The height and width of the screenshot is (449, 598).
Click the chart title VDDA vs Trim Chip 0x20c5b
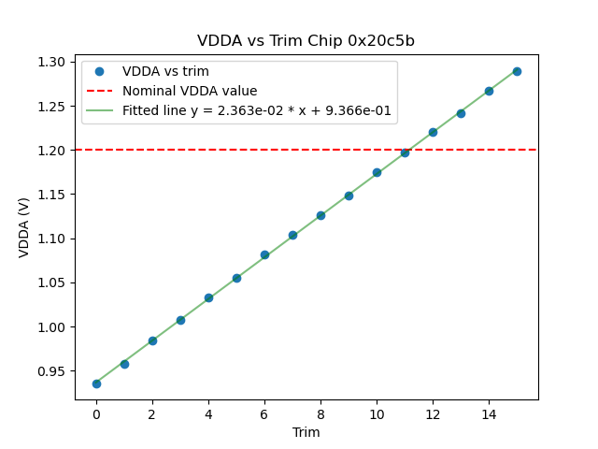(x=306, y=41)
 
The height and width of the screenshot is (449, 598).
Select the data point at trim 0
(x=96, y=384)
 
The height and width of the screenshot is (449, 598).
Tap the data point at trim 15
(x=517, y=71)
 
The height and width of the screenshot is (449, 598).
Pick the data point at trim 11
(x=405, y=152)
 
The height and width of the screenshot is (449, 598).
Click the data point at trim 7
(x=292, y=235)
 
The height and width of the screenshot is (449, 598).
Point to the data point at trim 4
(x=208, y=297)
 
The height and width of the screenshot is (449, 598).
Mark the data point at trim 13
(x=461, y=113)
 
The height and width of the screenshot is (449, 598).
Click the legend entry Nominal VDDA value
(x=190, y=92)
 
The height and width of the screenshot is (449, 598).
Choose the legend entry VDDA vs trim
(x=165, y=72)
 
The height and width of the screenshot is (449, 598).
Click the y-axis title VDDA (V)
(x=24, y=227)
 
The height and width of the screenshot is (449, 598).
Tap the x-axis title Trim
(x=306, y=432)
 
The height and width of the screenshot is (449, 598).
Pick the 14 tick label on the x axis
(x=489, y=413)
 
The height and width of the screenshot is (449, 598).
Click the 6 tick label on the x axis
(x=264, y=413)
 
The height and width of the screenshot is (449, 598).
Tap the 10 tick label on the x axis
(x=377, y=413)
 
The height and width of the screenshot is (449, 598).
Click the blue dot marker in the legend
(x=99, y=72)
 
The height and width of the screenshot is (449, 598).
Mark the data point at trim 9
(x=349, y=196)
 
